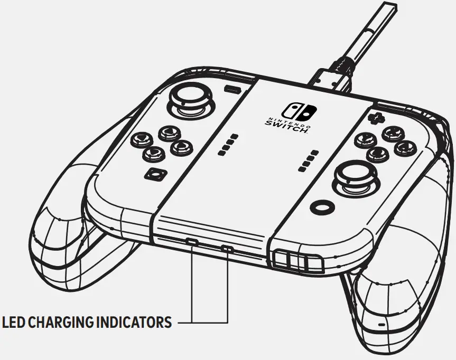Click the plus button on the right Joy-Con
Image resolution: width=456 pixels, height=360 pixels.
click(376, 117)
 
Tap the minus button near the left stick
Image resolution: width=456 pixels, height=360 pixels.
click(230, 89)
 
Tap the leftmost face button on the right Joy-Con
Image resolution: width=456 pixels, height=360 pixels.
click(364, 139)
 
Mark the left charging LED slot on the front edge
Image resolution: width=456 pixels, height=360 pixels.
click(192, 242)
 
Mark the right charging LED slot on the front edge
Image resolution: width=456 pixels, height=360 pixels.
click(227, 248)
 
